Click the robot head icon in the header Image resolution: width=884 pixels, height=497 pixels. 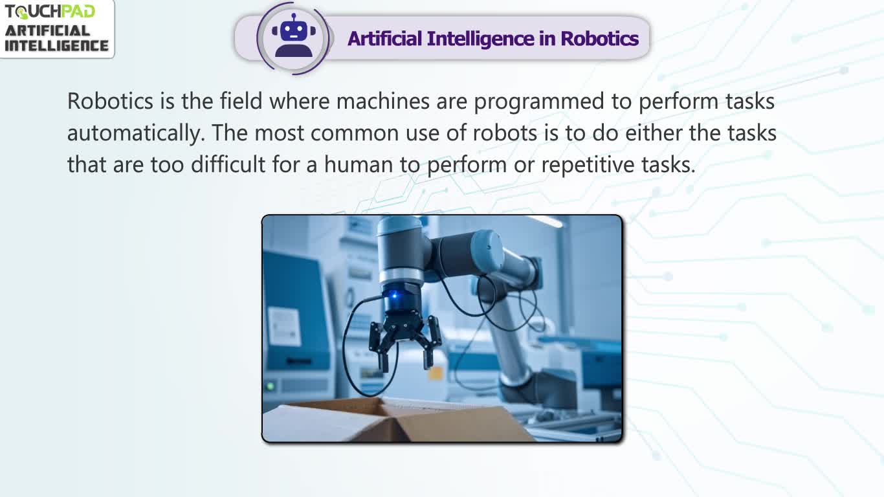coord(294,36)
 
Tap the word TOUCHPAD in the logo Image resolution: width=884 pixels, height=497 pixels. coord(50,12)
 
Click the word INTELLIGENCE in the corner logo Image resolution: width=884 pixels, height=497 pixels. coord(56,45)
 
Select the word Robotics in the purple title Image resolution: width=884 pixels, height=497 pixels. coord(599,39)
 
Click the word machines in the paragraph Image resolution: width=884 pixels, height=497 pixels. coord(383,101)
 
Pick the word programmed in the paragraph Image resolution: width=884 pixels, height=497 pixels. coord(539,102)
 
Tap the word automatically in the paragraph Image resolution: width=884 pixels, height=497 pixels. coord(135,134)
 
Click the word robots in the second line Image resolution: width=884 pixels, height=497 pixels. coord(505,133)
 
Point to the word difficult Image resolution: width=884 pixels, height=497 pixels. coord(228,164)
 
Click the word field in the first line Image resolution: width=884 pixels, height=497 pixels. coord(241,101)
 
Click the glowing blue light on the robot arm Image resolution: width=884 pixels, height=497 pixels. coord(394,295)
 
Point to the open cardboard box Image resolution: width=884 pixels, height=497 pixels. coord(399,421)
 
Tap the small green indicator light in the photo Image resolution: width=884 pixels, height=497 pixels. coord(271,386)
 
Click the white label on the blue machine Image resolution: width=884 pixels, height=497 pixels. coord(285,326)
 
